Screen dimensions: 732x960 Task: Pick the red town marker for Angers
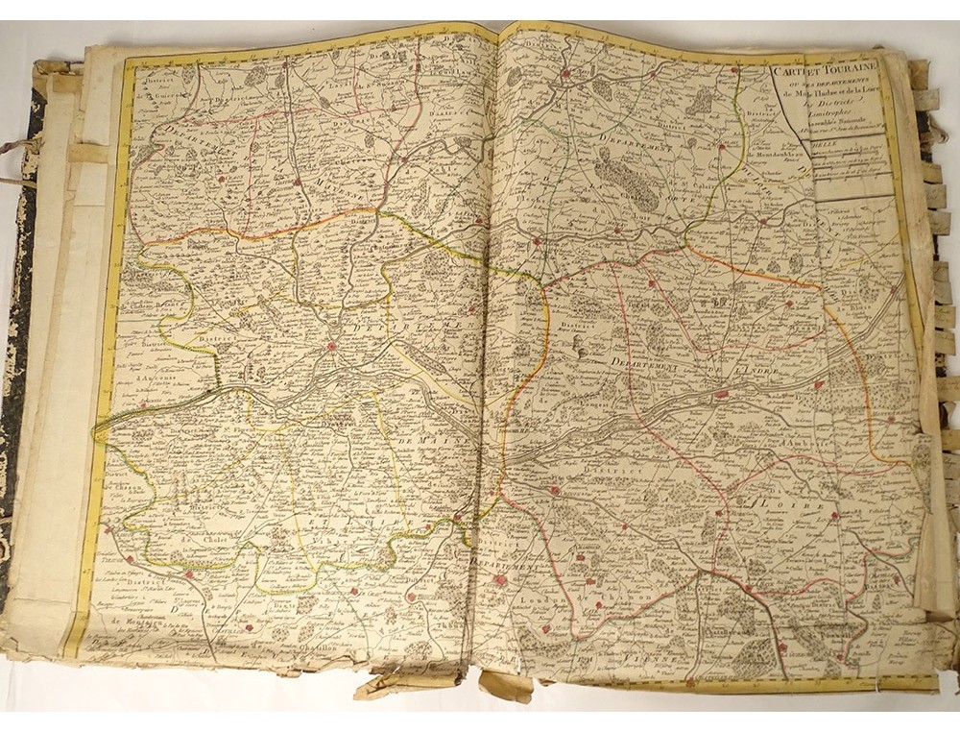tap(331, 347)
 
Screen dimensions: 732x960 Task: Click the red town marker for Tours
tap(722, 393)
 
